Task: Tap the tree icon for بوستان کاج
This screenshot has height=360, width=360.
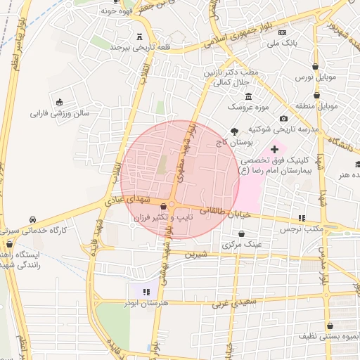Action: pos(234,131)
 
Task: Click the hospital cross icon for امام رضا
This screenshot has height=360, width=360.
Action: pos(274,150)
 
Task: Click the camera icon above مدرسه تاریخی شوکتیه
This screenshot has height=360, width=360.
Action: pos(283,119)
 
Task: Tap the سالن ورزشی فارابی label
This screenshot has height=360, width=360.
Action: pos(59,112)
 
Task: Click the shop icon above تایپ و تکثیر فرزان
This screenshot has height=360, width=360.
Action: pos(164,207)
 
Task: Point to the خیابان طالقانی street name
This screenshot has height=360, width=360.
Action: pos(225,212)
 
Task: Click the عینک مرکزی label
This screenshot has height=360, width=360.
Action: pos(242,244)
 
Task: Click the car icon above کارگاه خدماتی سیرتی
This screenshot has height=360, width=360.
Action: pos(34,219)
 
